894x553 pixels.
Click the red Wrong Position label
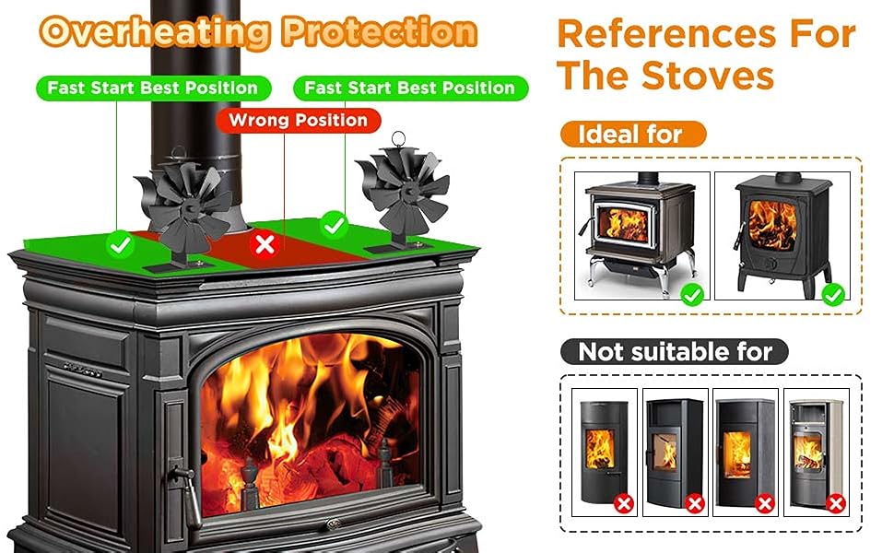298,121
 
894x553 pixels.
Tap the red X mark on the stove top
265,244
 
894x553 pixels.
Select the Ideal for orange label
630,135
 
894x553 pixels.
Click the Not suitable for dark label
675,351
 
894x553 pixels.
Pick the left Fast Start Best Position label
153,88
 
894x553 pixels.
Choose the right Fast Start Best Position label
409,88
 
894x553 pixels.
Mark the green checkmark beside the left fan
118,245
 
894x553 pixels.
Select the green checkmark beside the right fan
332,224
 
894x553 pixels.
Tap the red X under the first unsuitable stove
624,503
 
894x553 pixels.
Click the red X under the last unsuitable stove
835,503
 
